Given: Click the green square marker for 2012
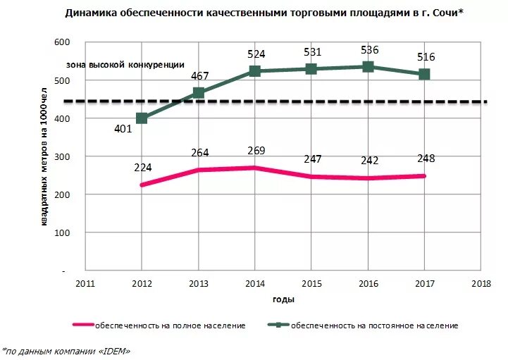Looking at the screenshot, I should click(x=142, y=118).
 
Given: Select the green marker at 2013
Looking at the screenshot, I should click(x=199, y=93).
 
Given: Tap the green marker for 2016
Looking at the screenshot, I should click(x=368, y=67).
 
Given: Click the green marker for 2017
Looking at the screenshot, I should click(x=424, y=74).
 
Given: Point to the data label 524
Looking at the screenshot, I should click(x=255, y=54).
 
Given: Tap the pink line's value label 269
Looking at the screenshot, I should click(x=254, y=151).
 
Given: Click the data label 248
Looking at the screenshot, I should click(x=425, y=159).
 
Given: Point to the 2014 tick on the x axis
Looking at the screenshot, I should click(x=254, y=283).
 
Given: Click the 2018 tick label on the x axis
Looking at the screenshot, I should click(x=481, y=283).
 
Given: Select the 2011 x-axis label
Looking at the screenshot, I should click(x=85, y=283).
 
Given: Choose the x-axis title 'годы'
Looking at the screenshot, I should click(x=283, y=299).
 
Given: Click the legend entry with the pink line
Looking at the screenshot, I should click(x=159, y=325).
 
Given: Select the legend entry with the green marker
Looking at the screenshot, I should click(x=363, y=325).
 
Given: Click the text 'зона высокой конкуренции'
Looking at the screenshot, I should click(x=125, y=64).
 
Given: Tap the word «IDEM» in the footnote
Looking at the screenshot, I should click(x=113, y=350).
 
